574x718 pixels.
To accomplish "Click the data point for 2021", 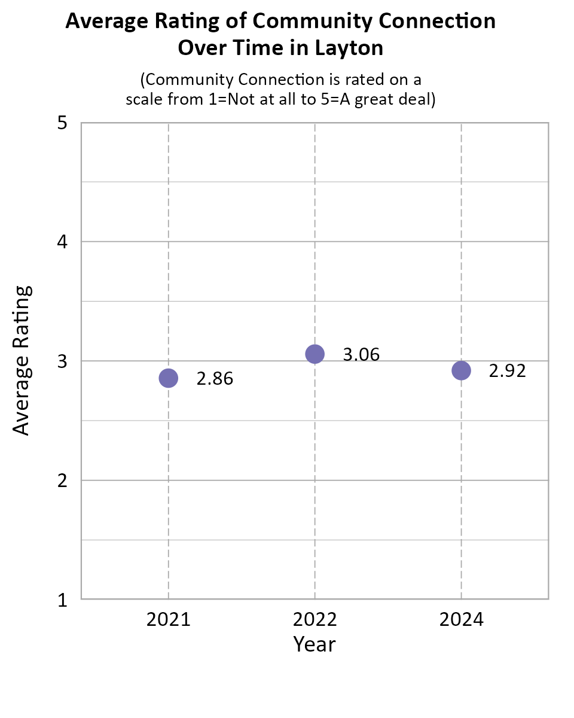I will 169,378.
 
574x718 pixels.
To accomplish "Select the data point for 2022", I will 315,354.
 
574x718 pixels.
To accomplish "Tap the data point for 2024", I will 461,370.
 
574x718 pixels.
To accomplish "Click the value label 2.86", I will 215,379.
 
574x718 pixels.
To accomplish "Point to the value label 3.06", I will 361,355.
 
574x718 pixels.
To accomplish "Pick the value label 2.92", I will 507,371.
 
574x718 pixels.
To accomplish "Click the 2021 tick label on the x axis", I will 169,620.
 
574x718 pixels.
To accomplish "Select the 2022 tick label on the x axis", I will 315,620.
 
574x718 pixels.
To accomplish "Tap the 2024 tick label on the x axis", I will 461,620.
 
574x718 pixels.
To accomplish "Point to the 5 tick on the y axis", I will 61,123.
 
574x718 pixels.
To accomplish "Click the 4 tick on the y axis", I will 61,242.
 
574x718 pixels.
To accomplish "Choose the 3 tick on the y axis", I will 61,361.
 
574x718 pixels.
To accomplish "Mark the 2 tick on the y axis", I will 61,480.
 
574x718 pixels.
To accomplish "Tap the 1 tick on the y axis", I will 61,600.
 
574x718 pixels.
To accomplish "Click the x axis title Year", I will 315,644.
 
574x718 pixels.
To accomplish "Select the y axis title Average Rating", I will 22,360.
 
